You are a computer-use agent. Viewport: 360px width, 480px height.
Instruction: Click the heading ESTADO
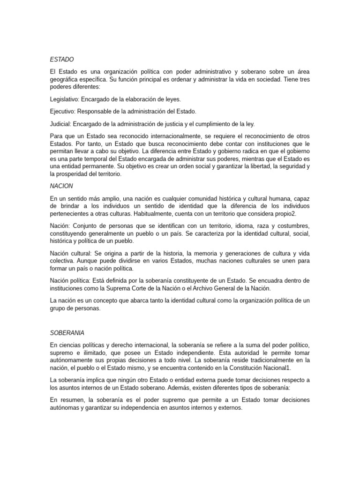(x=62, y=60)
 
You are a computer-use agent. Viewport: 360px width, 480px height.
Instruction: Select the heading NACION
(x=61, y=186)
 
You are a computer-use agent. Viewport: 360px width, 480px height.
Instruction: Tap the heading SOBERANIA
(x=67, y=333)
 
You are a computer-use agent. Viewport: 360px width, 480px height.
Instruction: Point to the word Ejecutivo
(x=62, y=112)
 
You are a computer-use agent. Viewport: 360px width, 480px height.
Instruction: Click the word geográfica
(x=64, y=80)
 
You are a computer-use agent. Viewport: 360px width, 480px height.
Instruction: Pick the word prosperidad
(x=76, y=174)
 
